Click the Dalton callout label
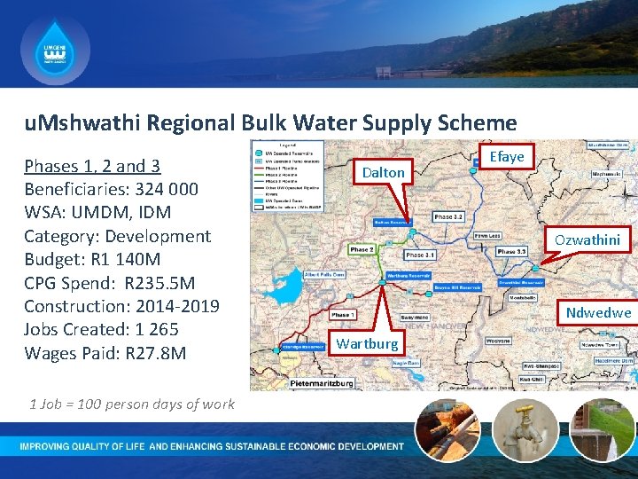coord(383,172)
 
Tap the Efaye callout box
coord(507,157)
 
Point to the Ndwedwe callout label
coord(598,312)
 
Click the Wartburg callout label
coord(367,343)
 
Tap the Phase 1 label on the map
coord(343,315)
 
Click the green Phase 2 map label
coord(362,249)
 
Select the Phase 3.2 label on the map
coord(447,216)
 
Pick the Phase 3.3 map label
coord(511,252)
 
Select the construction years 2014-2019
coord(177,306)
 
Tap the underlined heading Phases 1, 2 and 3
coord(92,166)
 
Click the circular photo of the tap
coord(525,429)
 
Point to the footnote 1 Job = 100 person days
coord(132,404)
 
